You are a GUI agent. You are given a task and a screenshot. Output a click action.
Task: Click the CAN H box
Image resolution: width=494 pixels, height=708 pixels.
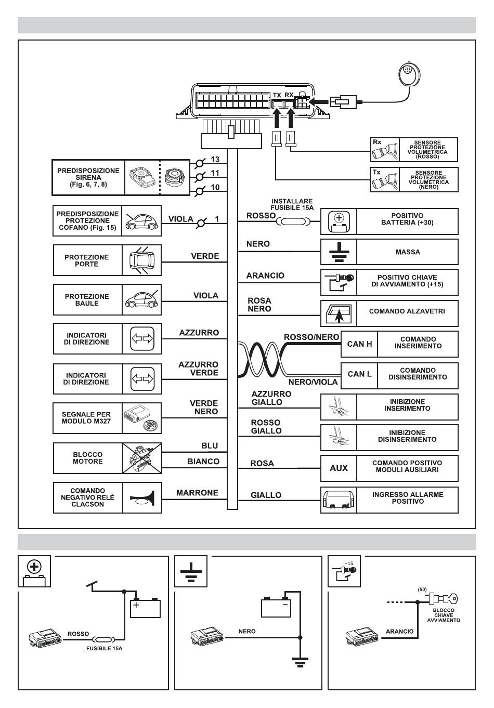coord(359,344)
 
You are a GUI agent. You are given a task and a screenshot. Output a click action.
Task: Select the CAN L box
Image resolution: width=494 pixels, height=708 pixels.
coord(359,374)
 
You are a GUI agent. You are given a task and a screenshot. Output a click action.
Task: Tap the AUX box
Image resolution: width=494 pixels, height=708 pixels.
coord(339,468)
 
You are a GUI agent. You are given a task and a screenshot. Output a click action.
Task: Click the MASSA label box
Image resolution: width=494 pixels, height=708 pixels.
coord(407,252)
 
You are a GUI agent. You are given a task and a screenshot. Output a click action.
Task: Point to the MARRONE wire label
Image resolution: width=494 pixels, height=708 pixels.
coord(197,493)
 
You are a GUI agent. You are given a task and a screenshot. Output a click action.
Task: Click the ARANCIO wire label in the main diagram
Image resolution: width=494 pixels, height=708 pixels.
coord(265,276)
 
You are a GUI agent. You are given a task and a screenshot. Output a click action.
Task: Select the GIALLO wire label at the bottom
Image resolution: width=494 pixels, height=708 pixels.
coord(266,495)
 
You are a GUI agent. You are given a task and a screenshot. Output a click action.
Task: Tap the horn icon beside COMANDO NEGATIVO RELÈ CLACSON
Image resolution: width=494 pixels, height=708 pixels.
coord(141,499)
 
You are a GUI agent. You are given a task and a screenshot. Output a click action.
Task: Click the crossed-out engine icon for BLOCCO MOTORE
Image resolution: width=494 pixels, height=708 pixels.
coord(142,458)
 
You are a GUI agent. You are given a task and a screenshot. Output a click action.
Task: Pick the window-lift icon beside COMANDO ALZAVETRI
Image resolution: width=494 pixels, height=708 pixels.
coord(338,313)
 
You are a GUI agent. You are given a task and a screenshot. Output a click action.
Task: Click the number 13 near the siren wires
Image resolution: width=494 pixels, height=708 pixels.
coord(215,160)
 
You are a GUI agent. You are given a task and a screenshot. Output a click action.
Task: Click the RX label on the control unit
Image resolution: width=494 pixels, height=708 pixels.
coord(290,95)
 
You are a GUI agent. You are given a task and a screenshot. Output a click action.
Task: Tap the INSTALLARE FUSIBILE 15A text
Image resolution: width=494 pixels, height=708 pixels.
coord(292,204)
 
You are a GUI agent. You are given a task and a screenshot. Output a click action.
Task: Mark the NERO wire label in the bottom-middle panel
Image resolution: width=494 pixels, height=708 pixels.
coord(247,631)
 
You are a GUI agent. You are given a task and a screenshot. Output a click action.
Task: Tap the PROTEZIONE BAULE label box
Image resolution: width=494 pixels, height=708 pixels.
coord(87,300)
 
